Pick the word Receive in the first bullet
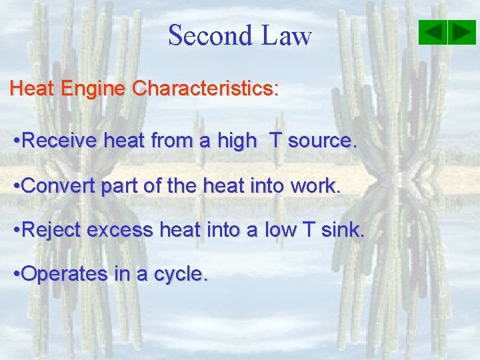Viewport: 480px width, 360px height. [x=59, y=141]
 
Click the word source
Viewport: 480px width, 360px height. [x=323, y=141]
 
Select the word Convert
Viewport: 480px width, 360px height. [x=59, y=186]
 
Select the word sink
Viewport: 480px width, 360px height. [x=343, y=231]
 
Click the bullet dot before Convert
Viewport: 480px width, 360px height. [x=17, y=187]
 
